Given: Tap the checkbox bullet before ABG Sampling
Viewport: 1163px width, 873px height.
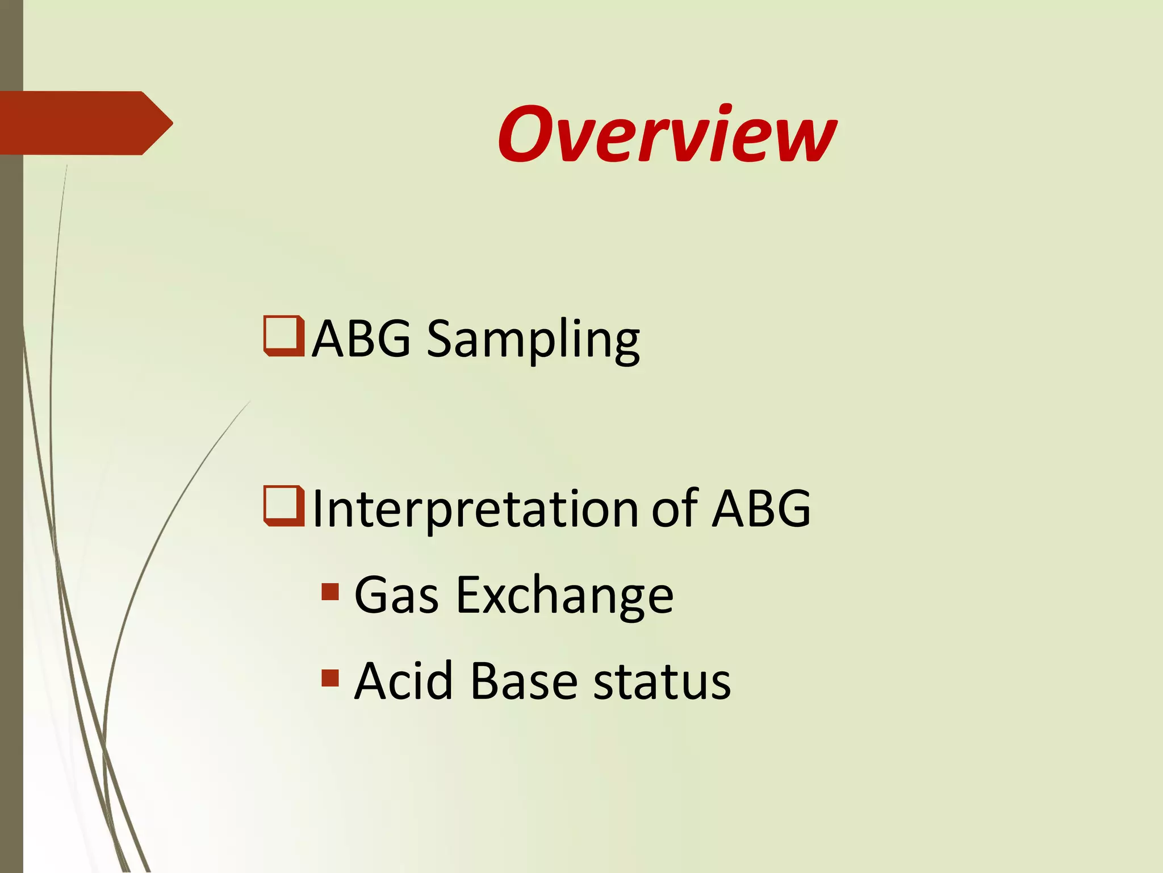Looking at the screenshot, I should [284, 336].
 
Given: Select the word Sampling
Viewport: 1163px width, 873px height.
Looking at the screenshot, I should [533, 340].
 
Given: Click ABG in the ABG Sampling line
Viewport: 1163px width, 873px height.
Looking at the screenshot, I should [361, 339].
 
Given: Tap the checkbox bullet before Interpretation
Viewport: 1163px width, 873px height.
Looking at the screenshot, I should [284, 506].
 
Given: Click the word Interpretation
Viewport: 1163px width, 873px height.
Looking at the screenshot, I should [475, 509].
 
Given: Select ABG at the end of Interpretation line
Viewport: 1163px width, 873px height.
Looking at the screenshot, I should [761, 509].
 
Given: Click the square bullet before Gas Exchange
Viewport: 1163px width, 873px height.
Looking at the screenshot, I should [330, 592].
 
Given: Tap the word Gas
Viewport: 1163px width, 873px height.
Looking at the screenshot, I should [396, 596].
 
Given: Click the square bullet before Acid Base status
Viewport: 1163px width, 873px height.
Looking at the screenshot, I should [330, 678].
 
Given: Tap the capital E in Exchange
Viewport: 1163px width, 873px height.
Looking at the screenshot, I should [470, 595].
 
